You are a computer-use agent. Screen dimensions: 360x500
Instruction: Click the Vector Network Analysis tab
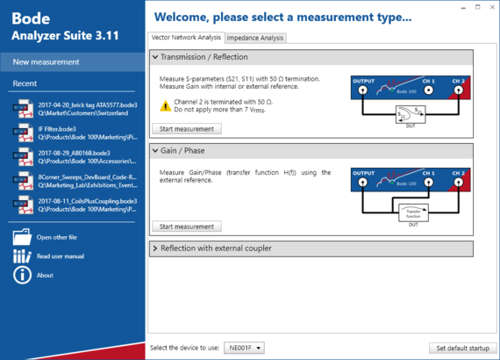click(187, 38)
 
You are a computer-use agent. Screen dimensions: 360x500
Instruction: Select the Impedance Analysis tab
click(255, 38)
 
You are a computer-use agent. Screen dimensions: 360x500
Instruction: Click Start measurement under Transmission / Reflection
click(186, 128)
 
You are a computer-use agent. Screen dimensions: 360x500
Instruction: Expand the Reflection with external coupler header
click(311, 248)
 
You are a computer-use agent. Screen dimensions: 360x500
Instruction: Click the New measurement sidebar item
click(46, 61)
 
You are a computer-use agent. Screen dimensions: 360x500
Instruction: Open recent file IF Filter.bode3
click(75, 133)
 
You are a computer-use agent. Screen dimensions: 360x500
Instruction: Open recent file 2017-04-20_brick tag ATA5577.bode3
click(75, 109)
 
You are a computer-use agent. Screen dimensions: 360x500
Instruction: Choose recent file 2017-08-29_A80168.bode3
click(75, 157)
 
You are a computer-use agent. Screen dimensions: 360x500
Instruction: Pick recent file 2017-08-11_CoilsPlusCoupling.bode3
click(75, 205)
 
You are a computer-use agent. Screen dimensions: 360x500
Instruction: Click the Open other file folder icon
click(22, 237)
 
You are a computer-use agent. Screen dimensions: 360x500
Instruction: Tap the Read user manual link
click(60, 256)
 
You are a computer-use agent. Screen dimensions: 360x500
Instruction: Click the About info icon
click(22, 275)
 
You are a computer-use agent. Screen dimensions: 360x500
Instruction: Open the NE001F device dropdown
click(244, 348)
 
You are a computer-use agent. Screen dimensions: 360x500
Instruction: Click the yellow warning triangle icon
click(166, 105)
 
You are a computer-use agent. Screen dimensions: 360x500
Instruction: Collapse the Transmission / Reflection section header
click(311, 57)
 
